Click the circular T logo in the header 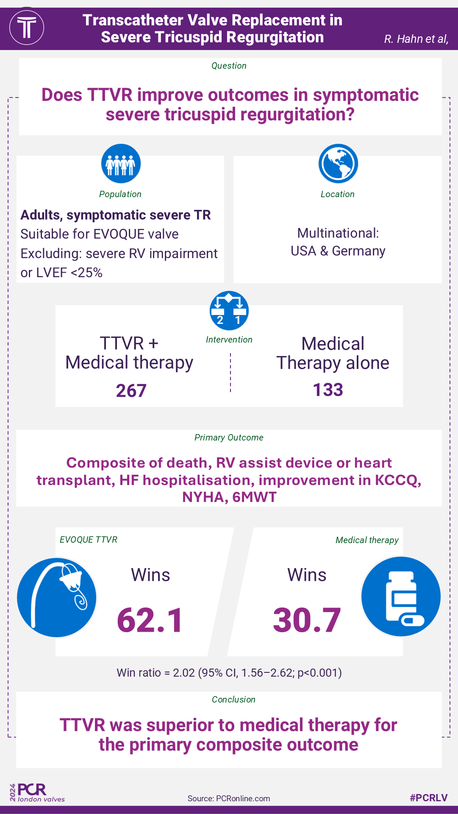pyautogui.click(x=27, y=28)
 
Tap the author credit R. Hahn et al pyautogui.click(x=416, y=39)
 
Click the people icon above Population pyautogui.click(x=121, y=164)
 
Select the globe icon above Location pyautogui.click(x=338, y=164)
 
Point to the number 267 pyautogui.click(x=131, y=390)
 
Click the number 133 pyautogui.click(x=328, y=390)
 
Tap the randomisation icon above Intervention pyautogui.click(x=229, y=311)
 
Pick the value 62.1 pyautogui.click(x=150, y=620)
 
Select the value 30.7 pyautogui.click(x=307, y=620)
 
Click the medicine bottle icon pyautogui.click(x=401, y=597)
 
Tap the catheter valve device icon pyautogui.click(x=57, y=597)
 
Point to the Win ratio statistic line pyautogui.click(x=229, y=673)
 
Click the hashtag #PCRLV pyautogui.click(x=428, y=797)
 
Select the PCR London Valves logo pyautogui.click(x=37, y=793)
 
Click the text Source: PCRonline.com pyautogui.click(x=229, y=798)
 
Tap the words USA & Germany pyautogui.click(x=338, y=251)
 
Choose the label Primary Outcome pyautogui.click(x=229, y=438)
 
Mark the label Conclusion pyautogui.click(x=233, y=700)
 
